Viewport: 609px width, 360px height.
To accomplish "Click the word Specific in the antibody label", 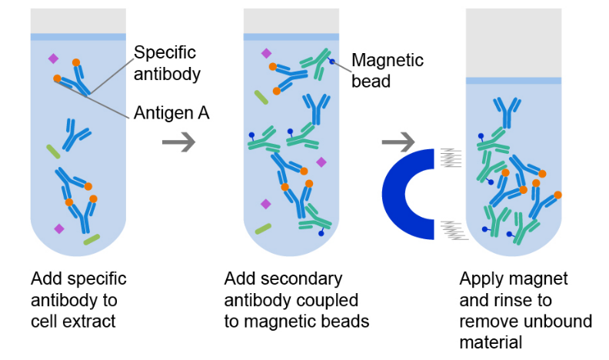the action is pos(165,53).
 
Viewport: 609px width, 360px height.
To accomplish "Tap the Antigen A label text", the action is pos(171,113).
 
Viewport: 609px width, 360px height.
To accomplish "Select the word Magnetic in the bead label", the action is pos(388,61).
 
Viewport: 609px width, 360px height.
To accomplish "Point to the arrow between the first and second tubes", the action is pos(178,142).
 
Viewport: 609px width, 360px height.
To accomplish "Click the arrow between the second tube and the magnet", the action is pos(398,142).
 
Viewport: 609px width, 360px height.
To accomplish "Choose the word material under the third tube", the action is pos(491,342).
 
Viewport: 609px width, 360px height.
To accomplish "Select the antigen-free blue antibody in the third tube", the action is pos(507,112).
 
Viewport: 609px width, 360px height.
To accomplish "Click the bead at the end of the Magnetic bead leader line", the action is pos(331,62).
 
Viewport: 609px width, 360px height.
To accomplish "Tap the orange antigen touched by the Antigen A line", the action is pos(57,78).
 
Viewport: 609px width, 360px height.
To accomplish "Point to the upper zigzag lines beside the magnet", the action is pos(451,158).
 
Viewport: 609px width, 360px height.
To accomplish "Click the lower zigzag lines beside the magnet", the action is pos(454,230).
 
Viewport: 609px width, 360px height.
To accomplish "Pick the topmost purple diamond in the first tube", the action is pos(54,58).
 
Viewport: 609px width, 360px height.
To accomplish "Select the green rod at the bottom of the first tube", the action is pos(92,239).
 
